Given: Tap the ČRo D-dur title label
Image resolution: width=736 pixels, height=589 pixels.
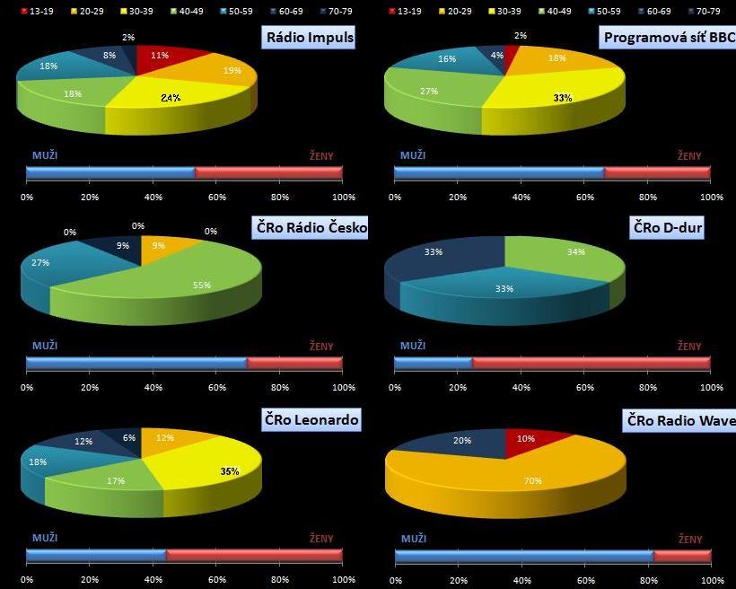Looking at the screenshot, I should coord(666,229).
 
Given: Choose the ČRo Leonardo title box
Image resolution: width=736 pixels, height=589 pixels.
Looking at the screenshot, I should coord(311,419).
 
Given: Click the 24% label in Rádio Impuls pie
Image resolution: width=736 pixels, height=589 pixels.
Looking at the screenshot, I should coord(171,98).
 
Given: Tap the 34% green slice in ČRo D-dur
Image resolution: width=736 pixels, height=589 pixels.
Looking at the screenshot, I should coord(565,256).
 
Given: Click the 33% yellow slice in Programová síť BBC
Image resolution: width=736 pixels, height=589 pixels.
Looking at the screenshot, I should coord(556,94).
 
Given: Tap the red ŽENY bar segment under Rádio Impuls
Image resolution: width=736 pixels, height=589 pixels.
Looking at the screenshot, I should coord(268,171).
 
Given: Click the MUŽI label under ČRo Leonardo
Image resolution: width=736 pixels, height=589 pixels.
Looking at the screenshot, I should coord(45,537).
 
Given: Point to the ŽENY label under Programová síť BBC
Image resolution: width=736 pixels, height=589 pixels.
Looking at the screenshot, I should coord(689,156).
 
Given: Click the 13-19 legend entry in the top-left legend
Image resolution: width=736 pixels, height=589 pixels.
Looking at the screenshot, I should coord(37,11).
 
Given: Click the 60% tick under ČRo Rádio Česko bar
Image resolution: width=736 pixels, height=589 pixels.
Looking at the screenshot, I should coord(216,388).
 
